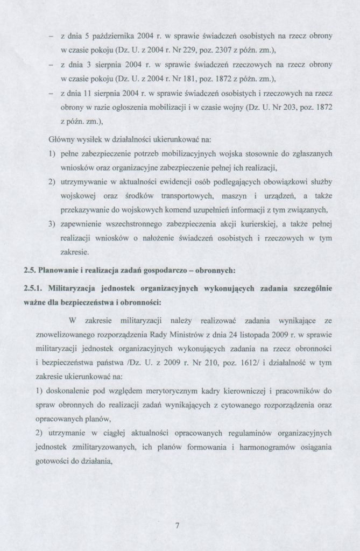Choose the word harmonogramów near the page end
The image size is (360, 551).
point(260,447)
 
